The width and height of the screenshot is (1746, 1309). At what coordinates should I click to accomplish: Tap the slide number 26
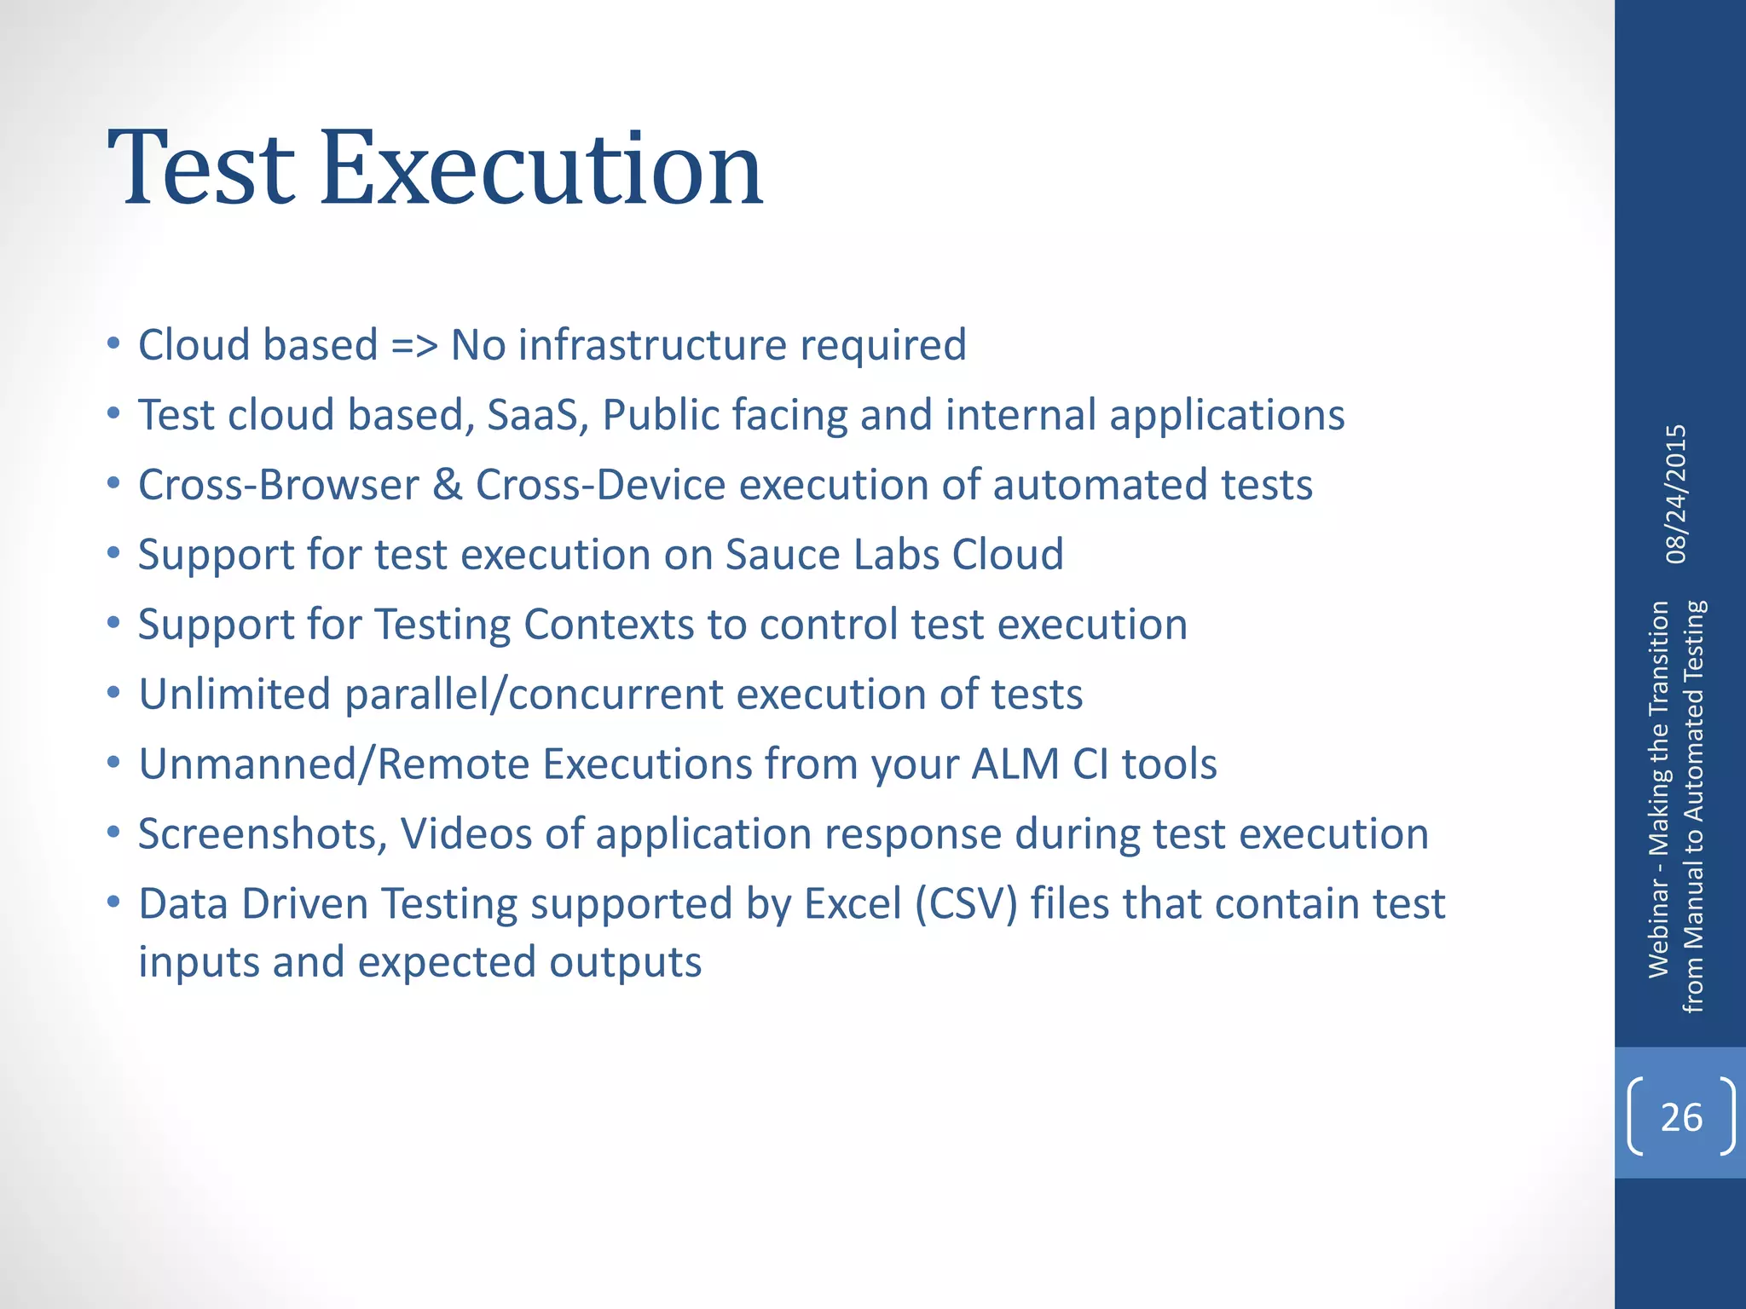pyautogui.click(x=1681, y=1117)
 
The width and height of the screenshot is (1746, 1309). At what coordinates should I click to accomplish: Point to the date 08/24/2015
pyautogui.click(x=1676, y=494)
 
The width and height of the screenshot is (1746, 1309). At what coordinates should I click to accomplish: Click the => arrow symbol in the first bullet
pyautogui.click(x=414, y=345)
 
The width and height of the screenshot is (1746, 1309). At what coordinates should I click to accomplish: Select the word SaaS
pyautogui.click(x=537, y=415)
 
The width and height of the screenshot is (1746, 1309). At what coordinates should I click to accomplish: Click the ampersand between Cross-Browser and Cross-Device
pyautogui.click(x=447, y=485)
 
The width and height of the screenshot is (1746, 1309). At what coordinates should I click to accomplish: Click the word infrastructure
pyautogui.click(x=652, y=345)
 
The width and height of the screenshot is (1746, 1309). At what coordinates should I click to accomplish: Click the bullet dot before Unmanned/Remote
pyautogui.click(x=114, y=764)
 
